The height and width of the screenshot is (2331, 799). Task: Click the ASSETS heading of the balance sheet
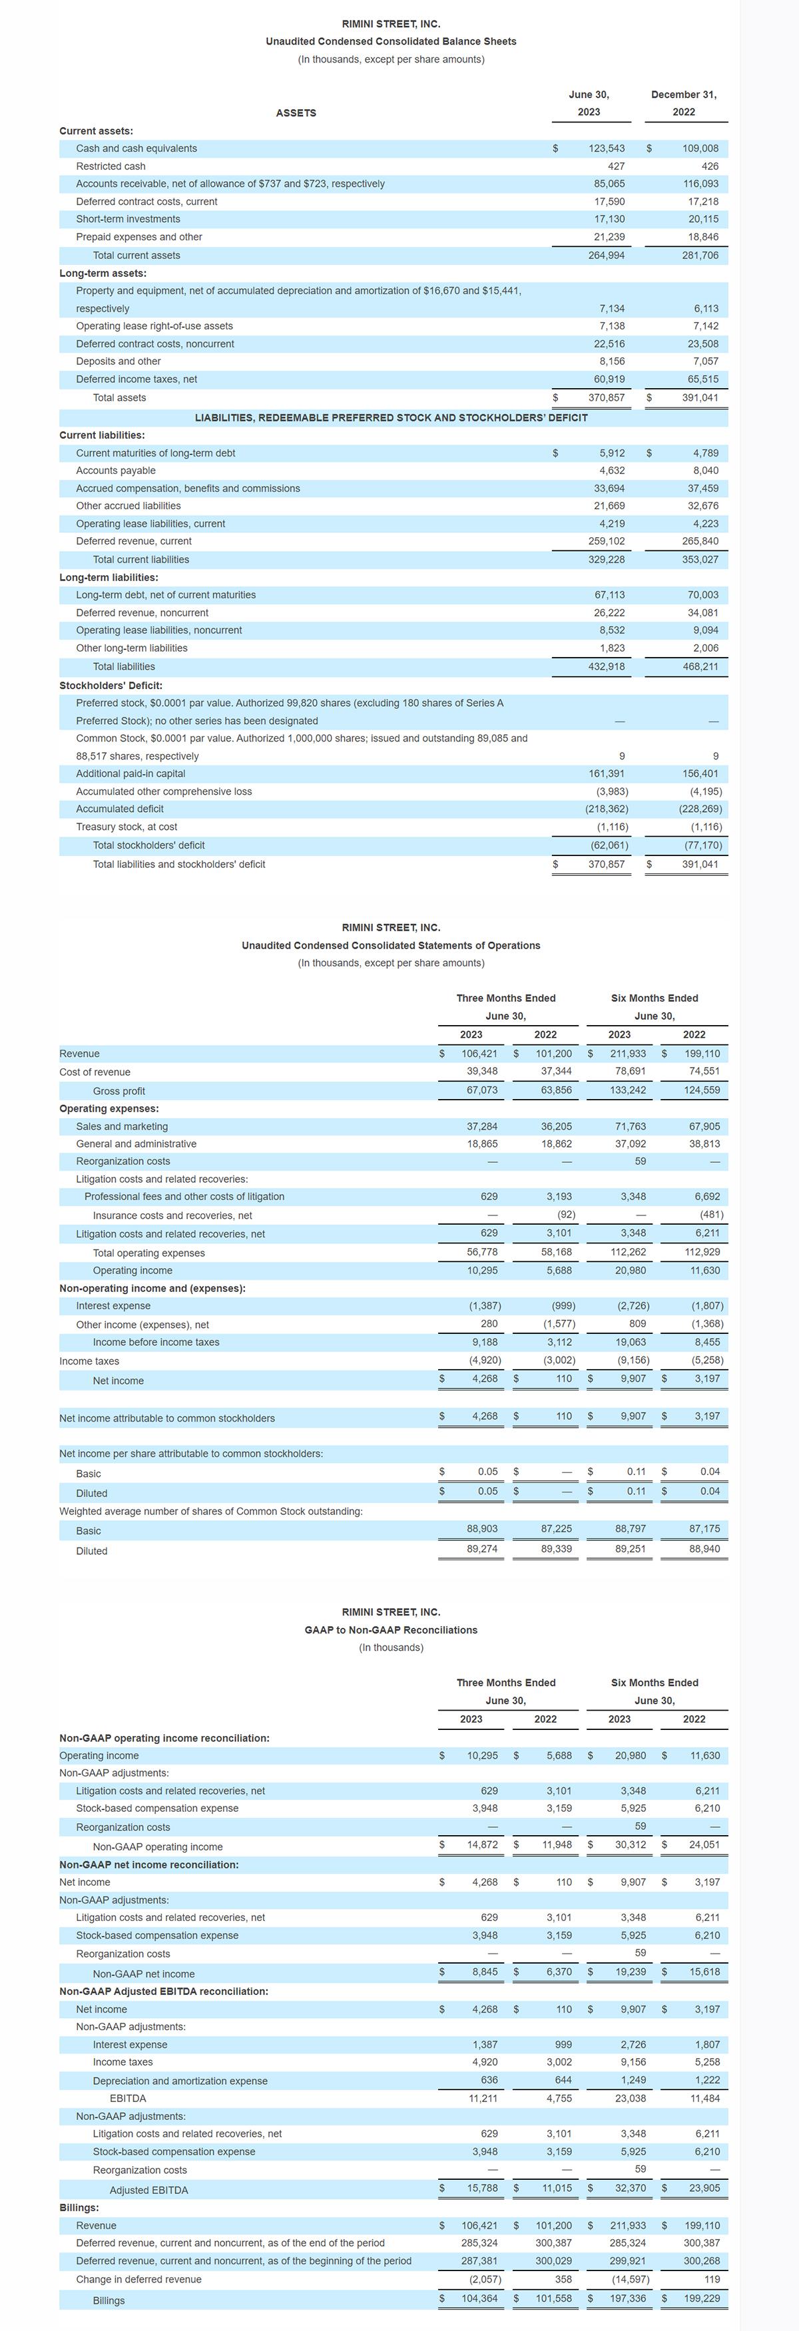pyautogui.click(x=296, y=113)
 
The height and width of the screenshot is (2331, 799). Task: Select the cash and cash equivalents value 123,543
pyautogui.click(x=607, y=148)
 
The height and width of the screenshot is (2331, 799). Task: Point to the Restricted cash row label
pyautogui.click(x=111, y=166)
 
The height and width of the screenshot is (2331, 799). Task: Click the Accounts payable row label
pyautogui.click(x=116, y=471)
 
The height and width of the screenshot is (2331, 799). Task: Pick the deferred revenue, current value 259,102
pyautogui.click(x=607, y=541)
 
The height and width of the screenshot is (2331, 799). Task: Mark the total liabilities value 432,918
pyautogui.click(x=607, y=667)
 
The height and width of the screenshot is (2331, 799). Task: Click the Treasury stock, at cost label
pyautogui.click(x=127, y=827)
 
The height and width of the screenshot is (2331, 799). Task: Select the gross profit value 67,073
pyautogui.click(x=481, y=1090)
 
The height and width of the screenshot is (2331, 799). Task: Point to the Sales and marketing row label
pyautogui.click(x=122, y=1127)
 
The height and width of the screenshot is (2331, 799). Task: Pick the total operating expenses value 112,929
pyautogui.click(x=702, y=1253)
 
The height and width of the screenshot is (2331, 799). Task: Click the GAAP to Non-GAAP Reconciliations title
pyautogui.click(x=391, y=1629)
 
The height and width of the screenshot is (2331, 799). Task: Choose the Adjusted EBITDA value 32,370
pyautogui.click(x=630, y=2188)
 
